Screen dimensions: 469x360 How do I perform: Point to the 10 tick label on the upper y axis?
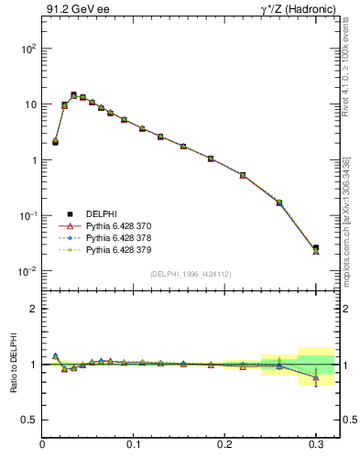(x=29, y=104)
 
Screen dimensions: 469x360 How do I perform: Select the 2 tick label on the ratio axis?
(x=32, y=309)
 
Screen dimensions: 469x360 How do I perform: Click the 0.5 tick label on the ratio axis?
(x=28, y=420)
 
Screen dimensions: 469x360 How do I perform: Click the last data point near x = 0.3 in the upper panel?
(x=316, y=248)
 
